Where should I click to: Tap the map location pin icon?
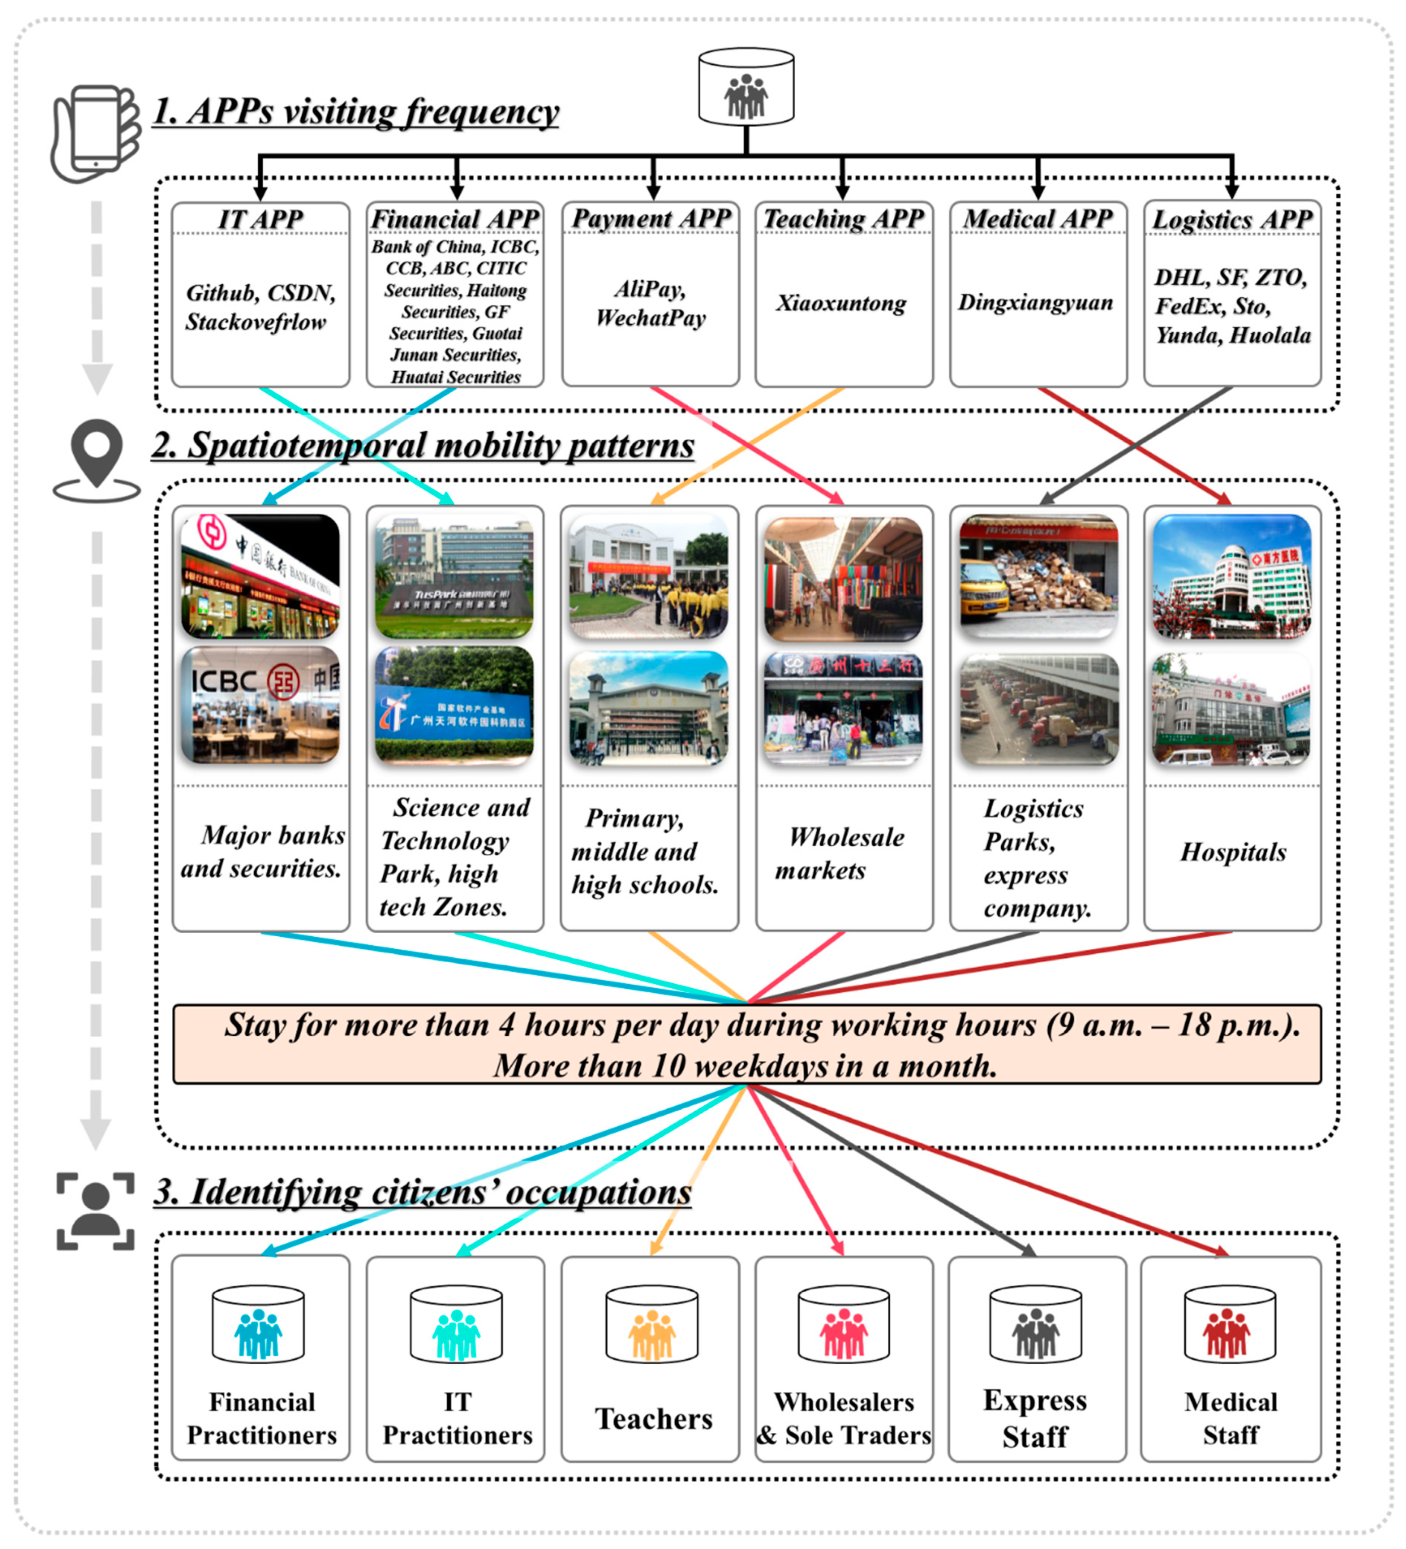click(97, 460)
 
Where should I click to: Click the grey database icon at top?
click(746, 87)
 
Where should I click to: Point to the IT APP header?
click(260, 219)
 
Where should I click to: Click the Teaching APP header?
click(843, 219)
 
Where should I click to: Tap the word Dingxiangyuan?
click(1035, 302)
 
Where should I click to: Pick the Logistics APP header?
click(1232, 219)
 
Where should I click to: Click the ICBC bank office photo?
click(260, 705)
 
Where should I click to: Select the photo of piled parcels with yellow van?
click(1038, 576)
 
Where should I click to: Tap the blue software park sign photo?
click(455, 705)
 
